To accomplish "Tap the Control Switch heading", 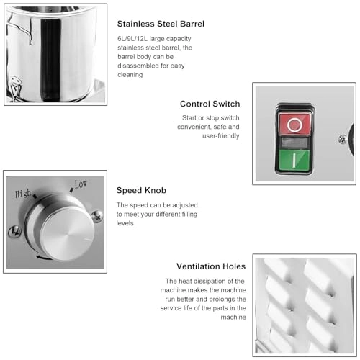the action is pos(210,104).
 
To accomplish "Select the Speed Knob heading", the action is pos(141,190).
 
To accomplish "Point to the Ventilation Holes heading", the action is pos(207,266).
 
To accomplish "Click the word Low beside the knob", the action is pos(81,184).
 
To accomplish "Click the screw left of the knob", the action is pos(13,231).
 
